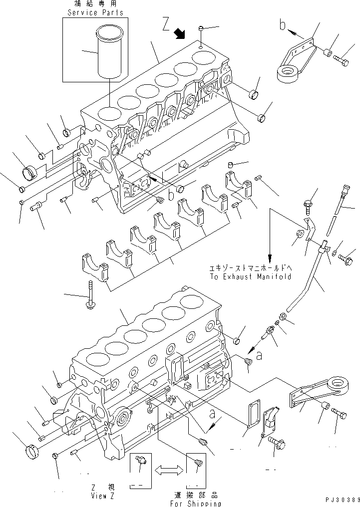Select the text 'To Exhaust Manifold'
tap(251, 276)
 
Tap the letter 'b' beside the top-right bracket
tap(283, 25)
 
